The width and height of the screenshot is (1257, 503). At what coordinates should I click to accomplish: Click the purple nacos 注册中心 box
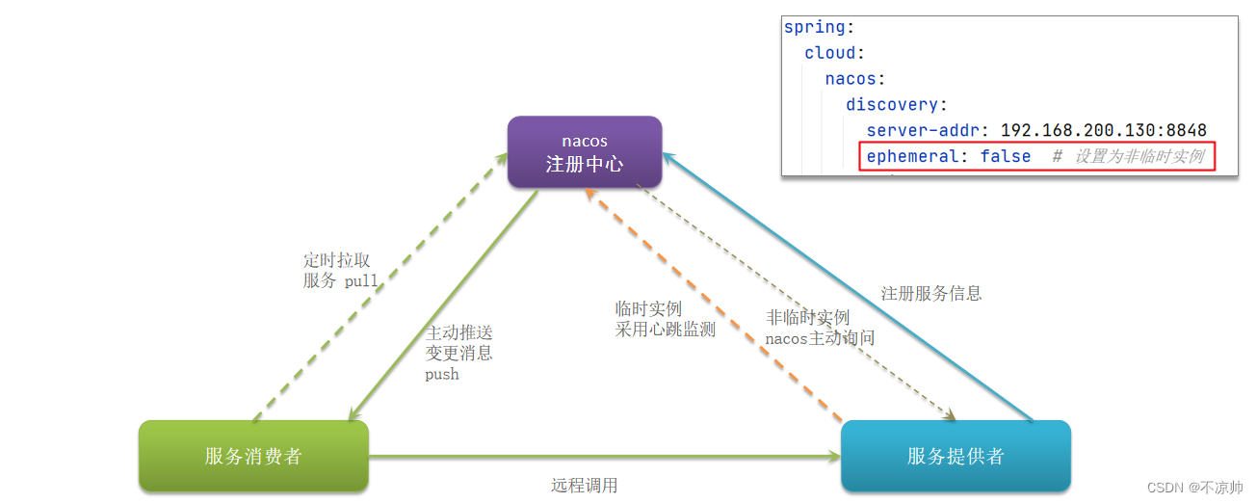(x=585, y=152)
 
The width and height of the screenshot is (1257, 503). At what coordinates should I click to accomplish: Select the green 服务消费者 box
(x=253, y=456)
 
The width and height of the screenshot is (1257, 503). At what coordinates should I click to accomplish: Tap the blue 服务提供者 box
(x=956, y=456)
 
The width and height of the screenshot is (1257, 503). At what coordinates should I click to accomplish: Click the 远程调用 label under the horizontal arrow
(x=585, y=485)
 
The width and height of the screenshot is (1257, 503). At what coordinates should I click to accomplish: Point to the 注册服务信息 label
(x=931, y=293)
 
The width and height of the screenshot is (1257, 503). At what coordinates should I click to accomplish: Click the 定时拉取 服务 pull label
(x=339, y=271)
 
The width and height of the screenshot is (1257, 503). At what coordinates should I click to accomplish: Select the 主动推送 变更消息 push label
(x=459, y=353)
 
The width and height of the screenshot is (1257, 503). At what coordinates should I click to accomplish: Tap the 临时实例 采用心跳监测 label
(x=665, y=319)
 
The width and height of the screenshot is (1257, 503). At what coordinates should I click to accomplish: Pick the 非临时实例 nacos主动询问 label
(x=820, y=328)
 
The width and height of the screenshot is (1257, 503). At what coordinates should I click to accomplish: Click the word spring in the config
(x=815, y=27)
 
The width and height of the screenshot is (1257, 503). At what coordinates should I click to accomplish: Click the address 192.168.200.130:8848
(x=1104, y=130)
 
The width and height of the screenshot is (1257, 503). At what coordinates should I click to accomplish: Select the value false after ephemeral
(x=1006, y=156)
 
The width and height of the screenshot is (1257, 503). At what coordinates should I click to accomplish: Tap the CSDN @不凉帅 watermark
(x=1194, y=488)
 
